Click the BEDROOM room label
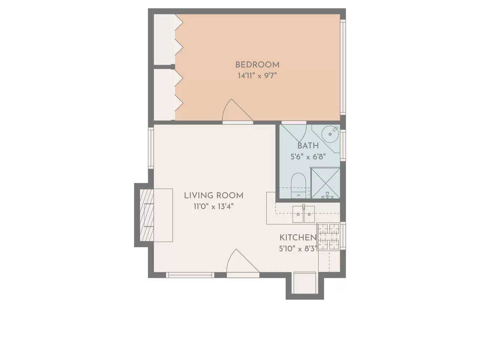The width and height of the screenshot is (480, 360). [257, 65]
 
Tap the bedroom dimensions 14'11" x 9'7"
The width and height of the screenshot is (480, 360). [257, 76]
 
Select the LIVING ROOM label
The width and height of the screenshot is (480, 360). [214, 195]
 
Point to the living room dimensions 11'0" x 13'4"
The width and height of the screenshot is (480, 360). [214, 206]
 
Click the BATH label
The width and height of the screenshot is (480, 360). [308, 146]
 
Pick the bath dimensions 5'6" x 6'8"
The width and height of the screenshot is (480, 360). [308, 156]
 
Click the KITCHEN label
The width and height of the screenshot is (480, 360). [298, 238]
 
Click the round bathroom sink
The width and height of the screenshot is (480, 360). [330, 134]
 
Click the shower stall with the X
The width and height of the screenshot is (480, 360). [325, 183]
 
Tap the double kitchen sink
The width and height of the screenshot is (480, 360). [304, 214]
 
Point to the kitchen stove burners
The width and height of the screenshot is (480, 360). [329, 237]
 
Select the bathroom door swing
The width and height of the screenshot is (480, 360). [295, 132]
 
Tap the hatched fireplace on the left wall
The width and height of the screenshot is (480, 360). [146, 215]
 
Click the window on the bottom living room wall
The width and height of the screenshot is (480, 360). [190, 275]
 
